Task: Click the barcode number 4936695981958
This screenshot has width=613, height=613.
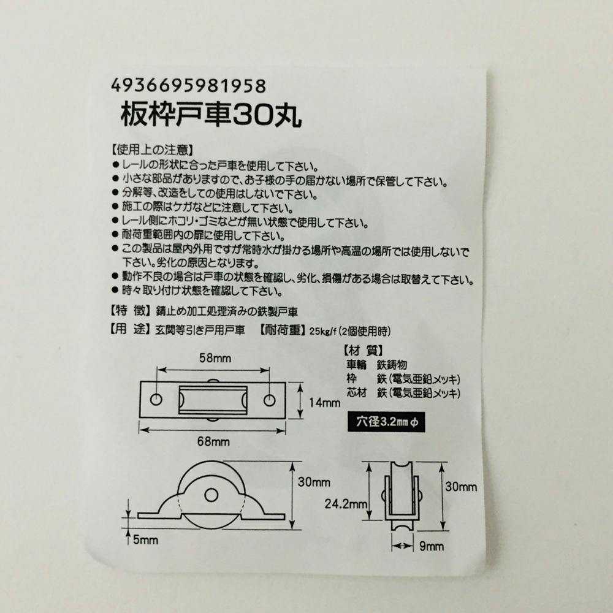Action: click(188, 85)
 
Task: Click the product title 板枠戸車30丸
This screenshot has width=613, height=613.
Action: click(211, 115)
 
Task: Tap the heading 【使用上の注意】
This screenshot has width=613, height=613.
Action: click(151, 150)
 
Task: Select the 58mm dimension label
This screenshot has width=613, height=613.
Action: click(215, 358)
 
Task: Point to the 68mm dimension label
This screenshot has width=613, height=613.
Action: click(213, 442)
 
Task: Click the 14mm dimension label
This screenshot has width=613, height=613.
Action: click(324, 402)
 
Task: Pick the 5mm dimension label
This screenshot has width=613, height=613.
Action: click(145, 540)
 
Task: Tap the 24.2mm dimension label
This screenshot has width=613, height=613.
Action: click(346, 504)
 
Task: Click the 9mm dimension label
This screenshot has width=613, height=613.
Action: click(432, 546)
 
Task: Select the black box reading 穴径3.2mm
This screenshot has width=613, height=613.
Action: click(386, 422)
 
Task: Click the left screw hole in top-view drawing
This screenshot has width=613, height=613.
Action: click(156, 400)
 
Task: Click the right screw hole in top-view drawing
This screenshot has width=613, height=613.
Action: click(269, 400)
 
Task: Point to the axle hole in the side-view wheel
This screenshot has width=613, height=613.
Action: click(211, 495)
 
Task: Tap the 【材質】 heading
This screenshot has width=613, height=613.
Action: click(363, 351)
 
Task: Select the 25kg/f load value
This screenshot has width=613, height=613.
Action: click(323, 332)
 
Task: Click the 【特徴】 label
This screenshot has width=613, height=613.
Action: click(130, 311)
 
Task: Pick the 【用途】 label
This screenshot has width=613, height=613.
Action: click(130, 330)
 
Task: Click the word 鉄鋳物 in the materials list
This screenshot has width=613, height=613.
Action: click(392, 365)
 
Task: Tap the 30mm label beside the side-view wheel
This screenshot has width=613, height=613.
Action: click(314, 482)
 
